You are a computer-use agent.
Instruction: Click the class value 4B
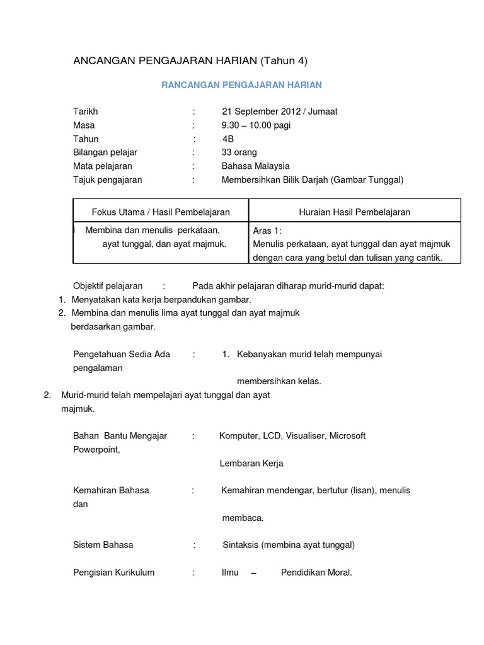(x=228, y=139)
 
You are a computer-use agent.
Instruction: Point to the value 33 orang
(x=239, y=152)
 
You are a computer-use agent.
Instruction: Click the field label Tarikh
(x=86, y=111)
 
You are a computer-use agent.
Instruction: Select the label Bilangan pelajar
(x=105, y=152)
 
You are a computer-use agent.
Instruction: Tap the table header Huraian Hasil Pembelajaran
(x=354, y=212)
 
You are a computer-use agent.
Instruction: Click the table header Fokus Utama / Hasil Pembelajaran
(x=161, y=212)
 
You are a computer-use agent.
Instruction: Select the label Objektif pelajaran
(x=108, y=285)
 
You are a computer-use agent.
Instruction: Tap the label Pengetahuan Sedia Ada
(x=122, y=354)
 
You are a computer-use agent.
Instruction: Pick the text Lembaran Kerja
(x=251, y=463)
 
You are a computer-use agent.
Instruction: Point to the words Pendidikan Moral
(x=316, y=573)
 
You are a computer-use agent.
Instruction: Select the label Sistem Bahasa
(x=103, y=545)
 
